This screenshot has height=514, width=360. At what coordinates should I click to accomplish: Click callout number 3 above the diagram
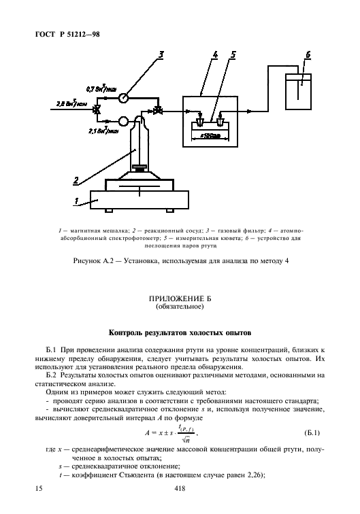click(x=161, y=54)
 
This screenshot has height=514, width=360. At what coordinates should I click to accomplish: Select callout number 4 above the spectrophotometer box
click(x=213, y=55)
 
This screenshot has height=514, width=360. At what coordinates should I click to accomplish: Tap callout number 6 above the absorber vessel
click(x=308, y=54)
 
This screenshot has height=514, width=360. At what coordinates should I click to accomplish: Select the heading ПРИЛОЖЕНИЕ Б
click(x=180, y=298)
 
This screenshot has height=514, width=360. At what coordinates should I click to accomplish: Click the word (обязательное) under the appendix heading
click(x=180, y=307)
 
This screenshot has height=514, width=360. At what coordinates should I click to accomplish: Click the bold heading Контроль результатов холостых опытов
click(x=180, y=333)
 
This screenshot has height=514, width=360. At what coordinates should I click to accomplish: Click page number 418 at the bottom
click(x=180, y=488)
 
